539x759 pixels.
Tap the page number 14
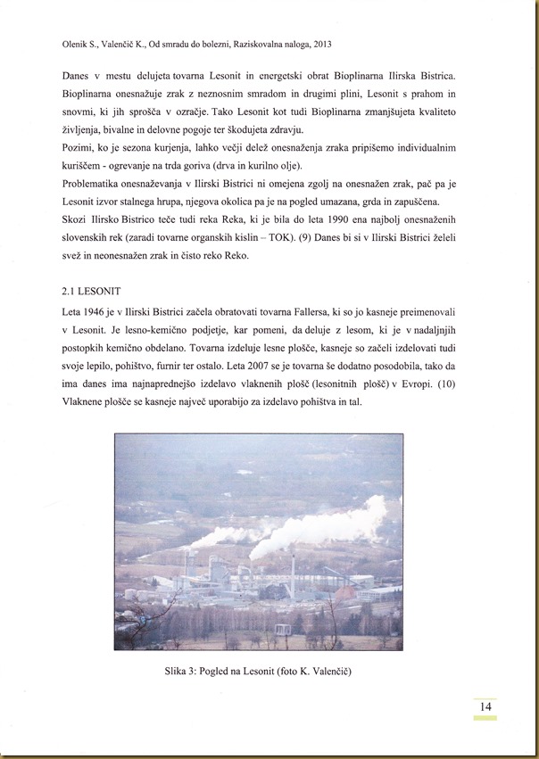click(485, 706)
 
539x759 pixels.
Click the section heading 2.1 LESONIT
click(92, 291)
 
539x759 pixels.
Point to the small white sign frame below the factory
click(282, 629)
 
